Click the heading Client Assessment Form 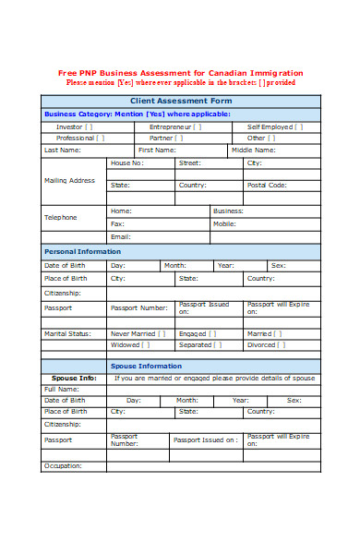click(180, 100)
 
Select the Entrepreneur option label click(170, 126)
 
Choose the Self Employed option click(270, 126)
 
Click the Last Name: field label click(63, 150)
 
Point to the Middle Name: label click(254, 150)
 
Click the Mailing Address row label click(70, 180)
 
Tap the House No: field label click(126, 163)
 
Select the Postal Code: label click(267, 185)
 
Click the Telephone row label click(61, 217)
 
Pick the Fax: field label click(117, 223)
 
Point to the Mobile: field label click(224, 223)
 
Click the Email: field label click(120, 236)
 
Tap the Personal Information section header click(82, 251)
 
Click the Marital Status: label click(68, 333)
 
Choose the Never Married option click(133, 333)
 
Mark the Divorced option click(261, 345)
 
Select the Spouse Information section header click(160, 366)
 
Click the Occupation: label click(64, 466)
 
